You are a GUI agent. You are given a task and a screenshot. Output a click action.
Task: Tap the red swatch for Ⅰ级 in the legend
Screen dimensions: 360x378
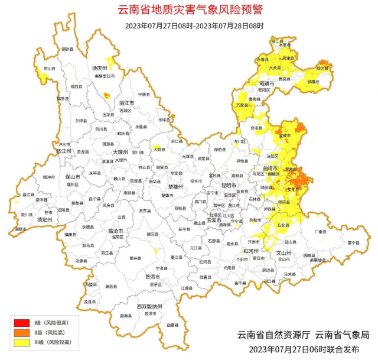pos(22,322)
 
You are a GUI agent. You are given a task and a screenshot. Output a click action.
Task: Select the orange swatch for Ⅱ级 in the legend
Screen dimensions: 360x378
pos(22,332)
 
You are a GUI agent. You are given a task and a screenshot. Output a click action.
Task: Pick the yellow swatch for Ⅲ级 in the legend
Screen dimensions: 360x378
pos(22,342)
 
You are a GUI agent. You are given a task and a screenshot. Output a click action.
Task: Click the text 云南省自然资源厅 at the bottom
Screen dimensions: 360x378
pos(273,334)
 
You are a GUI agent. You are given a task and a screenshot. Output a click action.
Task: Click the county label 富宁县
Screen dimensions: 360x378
pos(354,242)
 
